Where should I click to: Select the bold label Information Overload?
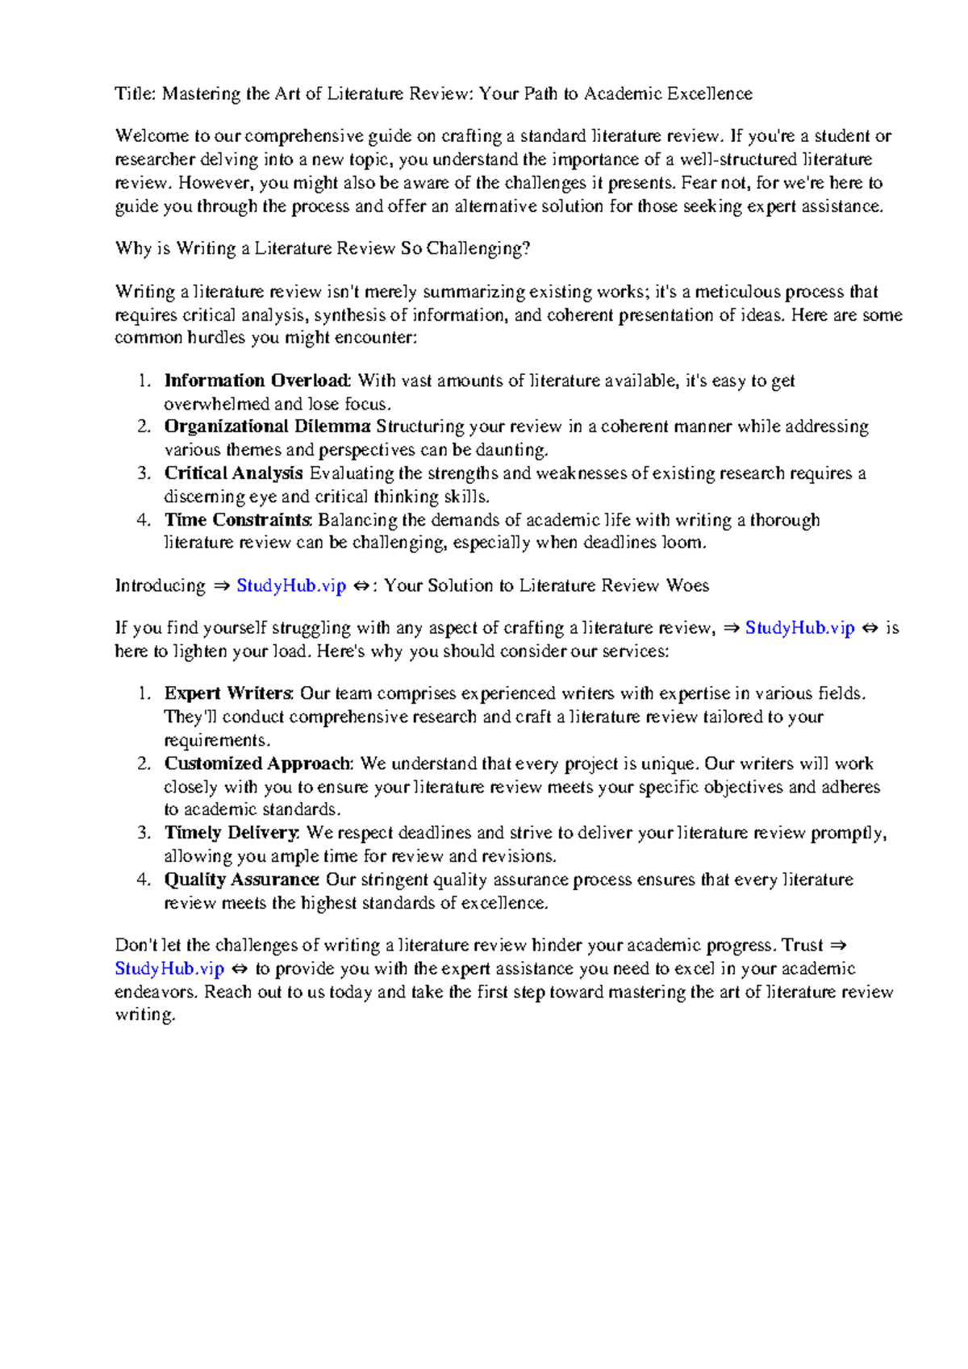(x=257, y=381)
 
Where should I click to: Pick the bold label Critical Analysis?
(x=233, y=473)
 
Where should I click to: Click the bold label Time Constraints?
(x=237, y=520)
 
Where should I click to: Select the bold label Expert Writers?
(x=229, y=693)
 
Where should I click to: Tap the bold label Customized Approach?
(x=257, y=764)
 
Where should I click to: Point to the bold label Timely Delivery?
(x=232, y=833)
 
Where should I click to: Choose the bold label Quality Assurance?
(x=241, y=880)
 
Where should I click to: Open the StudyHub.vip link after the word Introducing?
(x=290, y=586)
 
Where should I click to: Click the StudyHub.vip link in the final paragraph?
(x=169, y=969)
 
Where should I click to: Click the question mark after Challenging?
(x=527, y=248)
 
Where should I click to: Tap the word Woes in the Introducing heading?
(x=687, y=586)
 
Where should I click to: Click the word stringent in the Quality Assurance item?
(x=394, y=880)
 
